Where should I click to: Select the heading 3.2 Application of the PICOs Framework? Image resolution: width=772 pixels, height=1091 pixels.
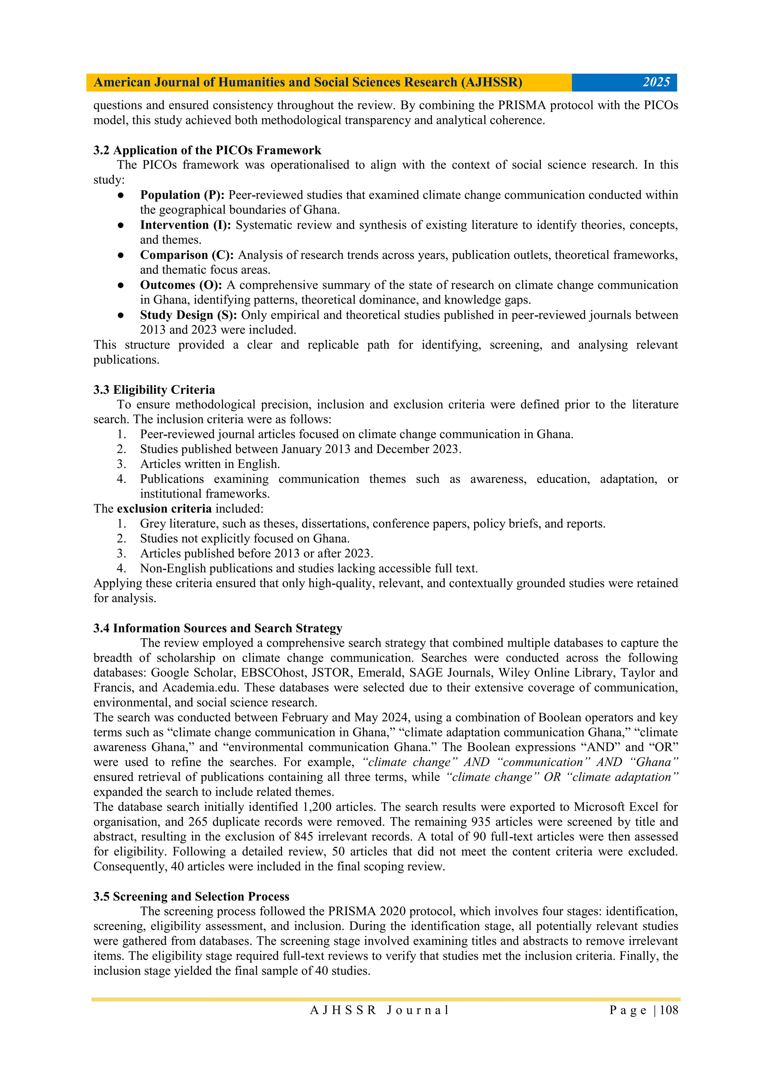click(x=207, y=150)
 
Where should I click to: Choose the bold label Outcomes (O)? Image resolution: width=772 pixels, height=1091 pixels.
click(x=181, y=285)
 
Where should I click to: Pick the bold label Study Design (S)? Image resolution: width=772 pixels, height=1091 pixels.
click(x=188, y=315)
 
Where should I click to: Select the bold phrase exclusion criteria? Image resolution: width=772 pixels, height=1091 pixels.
click(x=164, y=509)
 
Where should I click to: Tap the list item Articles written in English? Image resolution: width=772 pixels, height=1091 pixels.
click(x=210, y=464)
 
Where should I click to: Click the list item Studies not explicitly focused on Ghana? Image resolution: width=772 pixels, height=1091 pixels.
click(x=245, y=538)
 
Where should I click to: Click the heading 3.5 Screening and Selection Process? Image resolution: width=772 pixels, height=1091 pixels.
click(x=191, y=897)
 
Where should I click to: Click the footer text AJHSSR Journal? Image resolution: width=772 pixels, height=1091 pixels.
click(x=379, y=1010)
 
